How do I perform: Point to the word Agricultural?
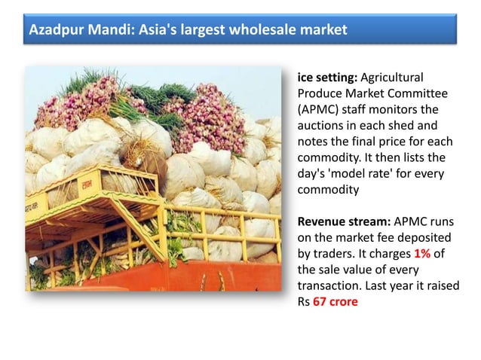(x=393, y=78)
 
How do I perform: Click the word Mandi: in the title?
(x=107, y=31)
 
